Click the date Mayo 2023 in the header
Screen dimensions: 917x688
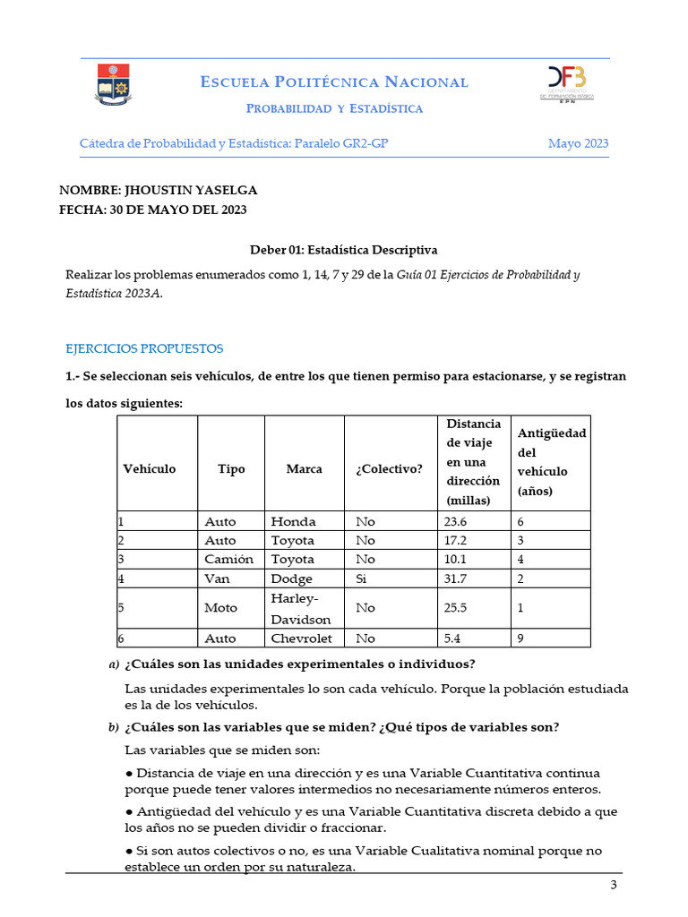coord(578,143)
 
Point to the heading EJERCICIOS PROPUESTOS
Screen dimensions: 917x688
coord(144,348)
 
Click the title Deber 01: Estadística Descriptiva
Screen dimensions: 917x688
coord(343,250)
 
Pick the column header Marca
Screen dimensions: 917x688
coord(304,468)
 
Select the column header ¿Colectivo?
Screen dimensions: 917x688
coord(389,468)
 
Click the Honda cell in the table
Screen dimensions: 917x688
coord(292,521)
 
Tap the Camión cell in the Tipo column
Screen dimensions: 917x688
coord(228,560)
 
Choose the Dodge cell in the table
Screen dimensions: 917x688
coord(291,578)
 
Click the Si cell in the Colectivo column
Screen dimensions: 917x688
coord(361,578)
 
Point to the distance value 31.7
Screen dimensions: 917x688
coord(455,578)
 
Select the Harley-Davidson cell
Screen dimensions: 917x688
coord(301,608)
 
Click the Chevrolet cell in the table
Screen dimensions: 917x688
coord(301,638)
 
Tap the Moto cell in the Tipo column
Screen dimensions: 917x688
coord(221,608)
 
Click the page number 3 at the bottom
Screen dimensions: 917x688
coord(614,886)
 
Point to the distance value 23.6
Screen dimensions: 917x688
coord(455,521)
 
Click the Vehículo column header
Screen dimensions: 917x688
coord(150,468)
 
